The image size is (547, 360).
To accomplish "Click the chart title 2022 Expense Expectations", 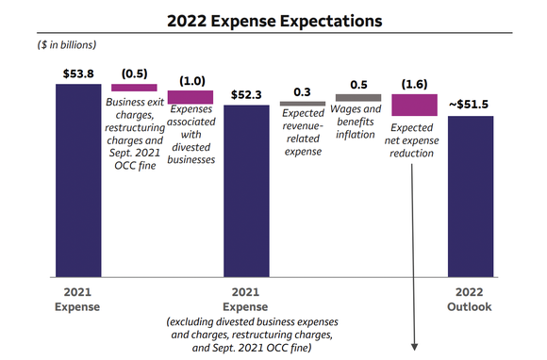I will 273,19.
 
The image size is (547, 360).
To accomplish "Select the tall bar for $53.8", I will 78,179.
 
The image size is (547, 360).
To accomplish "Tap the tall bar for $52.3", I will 246,188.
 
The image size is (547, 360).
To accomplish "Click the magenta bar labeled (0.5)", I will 134,88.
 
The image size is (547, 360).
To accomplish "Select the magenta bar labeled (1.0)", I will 191,97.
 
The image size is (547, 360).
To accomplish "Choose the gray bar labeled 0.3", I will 302,103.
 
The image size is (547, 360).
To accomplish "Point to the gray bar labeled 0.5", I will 358,98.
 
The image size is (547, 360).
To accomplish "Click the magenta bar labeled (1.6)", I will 414,105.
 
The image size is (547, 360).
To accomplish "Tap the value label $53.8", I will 78,73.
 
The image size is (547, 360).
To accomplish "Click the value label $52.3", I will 246,93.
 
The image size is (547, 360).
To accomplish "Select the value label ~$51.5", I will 469,105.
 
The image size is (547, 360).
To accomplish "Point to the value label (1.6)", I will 414,83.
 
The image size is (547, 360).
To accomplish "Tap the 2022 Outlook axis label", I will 469,300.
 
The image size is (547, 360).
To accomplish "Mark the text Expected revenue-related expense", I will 302,133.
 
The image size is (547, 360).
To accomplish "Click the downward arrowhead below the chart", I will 414,348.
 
